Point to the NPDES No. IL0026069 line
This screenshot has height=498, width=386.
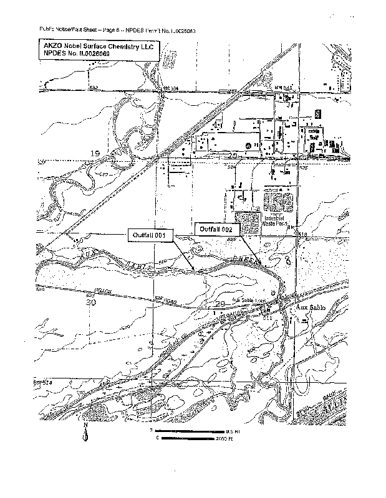click(76, 55)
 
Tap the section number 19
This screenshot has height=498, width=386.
click(95, 153)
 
